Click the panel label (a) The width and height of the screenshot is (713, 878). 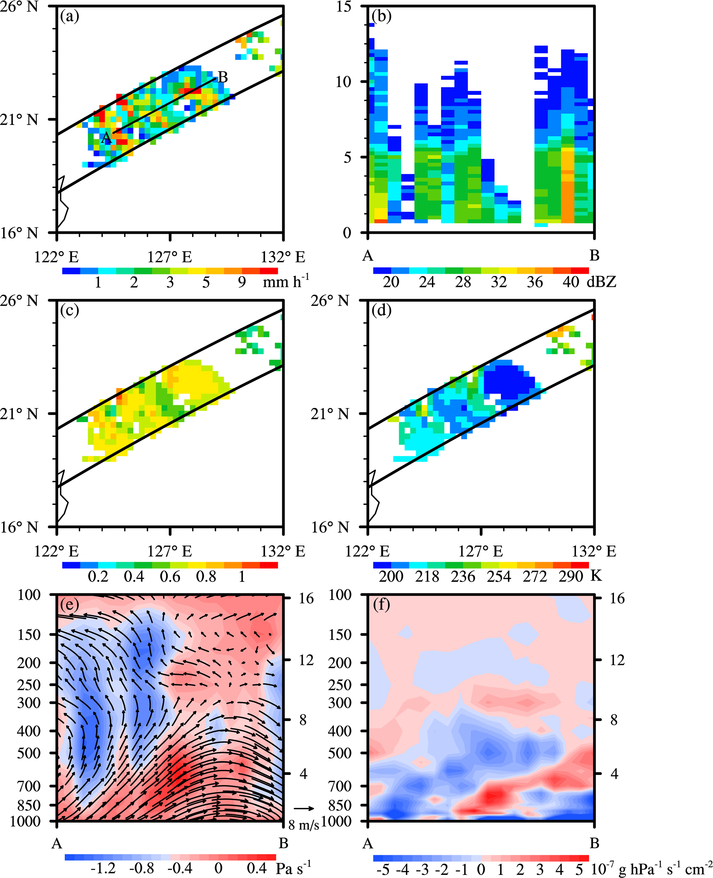click(x=69, y=17)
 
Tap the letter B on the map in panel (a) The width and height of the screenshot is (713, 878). click(x=222, y=77)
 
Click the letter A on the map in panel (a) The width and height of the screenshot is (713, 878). click(x=106, y=138)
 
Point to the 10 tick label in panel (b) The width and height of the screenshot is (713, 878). click(x=344, y=82)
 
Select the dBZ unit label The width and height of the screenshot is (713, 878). click(x=601, y=282)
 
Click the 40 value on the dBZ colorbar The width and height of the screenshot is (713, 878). click(x=571, y=282)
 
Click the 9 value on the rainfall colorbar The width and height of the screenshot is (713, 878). click(x=242, y=282)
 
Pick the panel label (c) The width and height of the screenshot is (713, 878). click(x=69, y=310)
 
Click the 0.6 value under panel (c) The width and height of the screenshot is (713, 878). click(x=170, y=576)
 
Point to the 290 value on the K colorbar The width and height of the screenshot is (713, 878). click(x=571, y=576)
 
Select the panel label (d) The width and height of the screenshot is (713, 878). click(x=381, y=310)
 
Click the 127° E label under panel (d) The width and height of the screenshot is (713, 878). click(x=481, y=551)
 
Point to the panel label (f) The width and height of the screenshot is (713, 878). click(x=381, y=604)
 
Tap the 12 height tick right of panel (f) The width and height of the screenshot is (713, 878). click(x=617, y=660)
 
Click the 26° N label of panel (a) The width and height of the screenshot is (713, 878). click(x=19, y=7)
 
